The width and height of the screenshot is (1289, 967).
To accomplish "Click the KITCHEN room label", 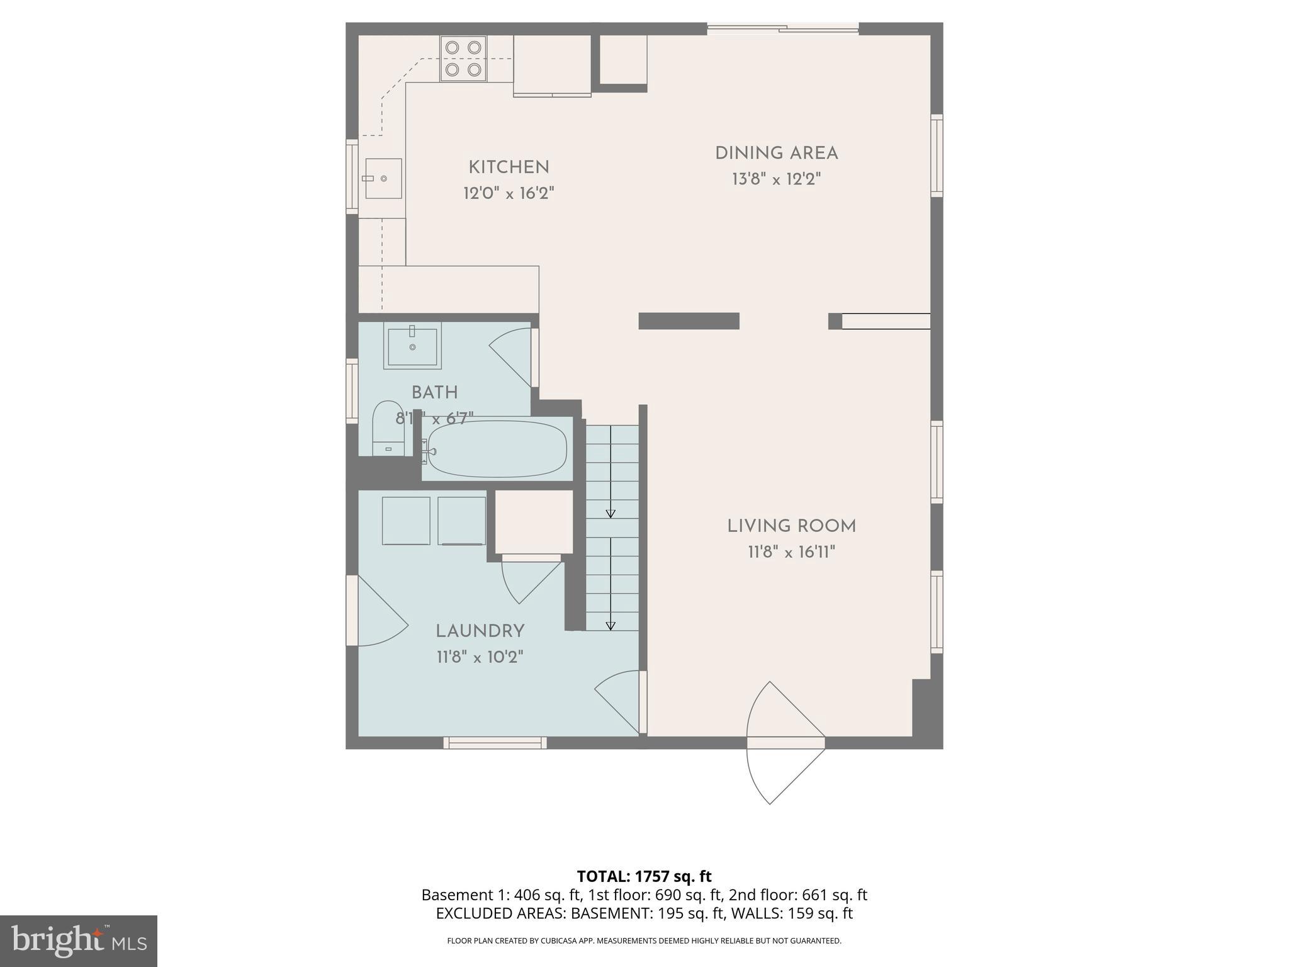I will pos(509,167).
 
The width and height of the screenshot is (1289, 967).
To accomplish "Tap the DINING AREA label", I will pos(776,153).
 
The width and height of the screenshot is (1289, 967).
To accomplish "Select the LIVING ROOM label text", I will pos(791,526).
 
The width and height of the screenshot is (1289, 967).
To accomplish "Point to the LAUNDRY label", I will pos(480,631).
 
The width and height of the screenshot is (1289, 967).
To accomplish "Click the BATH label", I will pos(434,392).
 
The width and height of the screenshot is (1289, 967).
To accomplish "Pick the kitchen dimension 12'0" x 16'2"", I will pos(509,193).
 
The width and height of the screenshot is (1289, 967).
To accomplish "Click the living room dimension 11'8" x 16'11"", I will pos(791,552).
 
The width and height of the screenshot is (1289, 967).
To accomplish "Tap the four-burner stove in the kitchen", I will pos(463,59).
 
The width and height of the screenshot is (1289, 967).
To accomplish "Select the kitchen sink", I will pos(383,179).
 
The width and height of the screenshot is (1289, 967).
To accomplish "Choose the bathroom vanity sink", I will pos(412,346).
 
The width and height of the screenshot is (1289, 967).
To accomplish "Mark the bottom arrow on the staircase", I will pos(610,625).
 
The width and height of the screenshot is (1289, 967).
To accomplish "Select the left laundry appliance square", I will pos(406,521).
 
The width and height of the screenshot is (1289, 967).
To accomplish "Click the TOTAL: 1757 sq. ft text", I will pos(644,876).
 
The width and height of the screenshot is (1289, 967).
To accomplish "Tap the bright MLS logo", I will pos(78,941).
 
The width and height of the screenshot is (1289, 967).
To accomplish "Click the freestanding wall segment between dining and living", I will pos(689,321).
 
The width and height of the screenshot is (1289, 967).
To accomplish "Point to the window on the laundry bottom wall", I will pos(495,743).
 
